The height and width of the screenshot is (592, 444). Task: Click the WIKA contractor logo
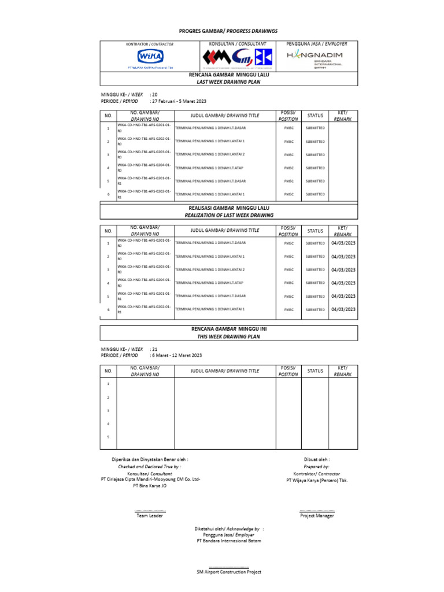150,57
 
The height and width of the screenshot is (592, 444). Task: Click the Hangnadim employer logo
315,57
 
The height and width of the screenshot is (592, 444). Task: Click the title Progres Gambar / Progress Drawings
228,31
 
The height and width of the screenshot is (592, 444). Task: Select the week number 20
154,94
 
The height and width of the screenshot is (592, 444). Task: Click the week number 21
154,349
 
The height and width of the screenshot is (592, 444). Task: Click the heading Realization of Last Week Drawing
229,215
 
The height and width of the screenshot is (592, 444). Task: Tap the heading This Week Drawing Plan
229,336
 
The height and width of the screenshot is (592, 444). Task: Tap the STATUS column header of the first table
315,116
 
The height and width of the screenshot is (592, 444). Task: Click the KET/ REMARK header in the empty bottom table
343,371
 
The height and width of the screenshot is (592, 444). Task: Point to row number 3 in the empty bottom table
108,410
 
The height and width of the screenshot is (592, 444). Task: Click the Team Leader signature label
150,516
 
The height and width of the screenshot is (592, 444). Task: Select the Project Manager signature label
316,516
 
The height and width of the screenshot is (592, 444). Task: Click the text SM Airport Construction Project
229,572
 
